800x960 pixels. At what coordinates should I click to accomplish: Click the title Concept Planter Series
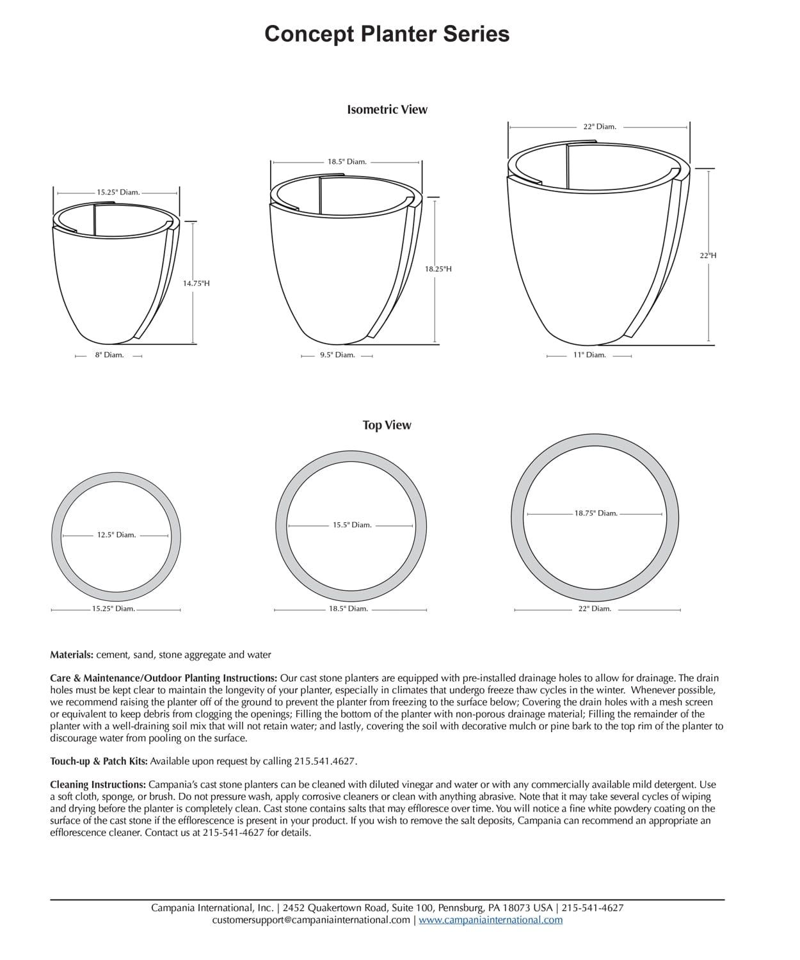(387, 34)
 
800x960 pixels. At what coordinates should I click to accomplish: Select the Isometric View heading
(387, 109)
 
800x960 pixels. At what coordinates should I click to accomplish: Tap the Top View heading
(387, 425)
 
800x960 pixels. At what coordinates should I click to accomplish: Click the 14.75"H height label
(196, 283)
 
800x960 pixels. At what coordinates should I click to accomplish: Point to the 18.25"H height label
(438, 269)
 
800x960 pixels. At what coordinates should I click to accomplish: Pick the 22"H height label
(708, 255)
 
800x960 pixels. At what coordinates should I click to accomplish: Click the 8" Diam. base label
(109, 355)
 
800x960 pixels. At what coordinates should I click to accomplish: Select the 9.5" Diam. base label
(337, 355)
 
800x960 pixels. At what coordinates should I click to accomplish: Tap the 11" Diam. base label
(589, 355)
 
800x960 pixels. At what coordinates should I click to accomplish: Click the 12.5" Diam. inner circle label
(116, 534)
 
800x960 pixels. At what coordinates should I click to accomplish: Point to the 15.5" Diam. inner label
(351, 525)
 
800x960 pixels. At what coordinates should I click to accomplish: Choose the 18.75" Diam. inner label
(595, 513)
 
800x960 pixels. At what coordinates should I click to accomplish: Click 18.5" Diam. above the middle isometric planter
(347, 162)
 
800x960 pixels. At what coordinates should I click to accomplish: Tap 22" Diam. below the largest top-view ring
(595, 609)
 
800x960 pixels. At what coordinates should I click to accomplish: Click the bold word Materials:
(72, 655)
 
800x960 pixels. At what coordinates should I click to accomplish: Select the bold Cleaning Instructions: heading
(98, 784)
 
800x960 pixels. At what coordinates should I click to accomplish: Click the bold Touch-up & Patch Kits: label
(99, 761)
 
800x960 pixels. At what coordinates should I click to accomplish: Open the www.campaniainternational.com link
(490, 920)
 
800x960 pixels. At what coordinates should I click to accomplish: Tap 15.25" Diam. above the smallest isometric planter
(118, 192)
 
